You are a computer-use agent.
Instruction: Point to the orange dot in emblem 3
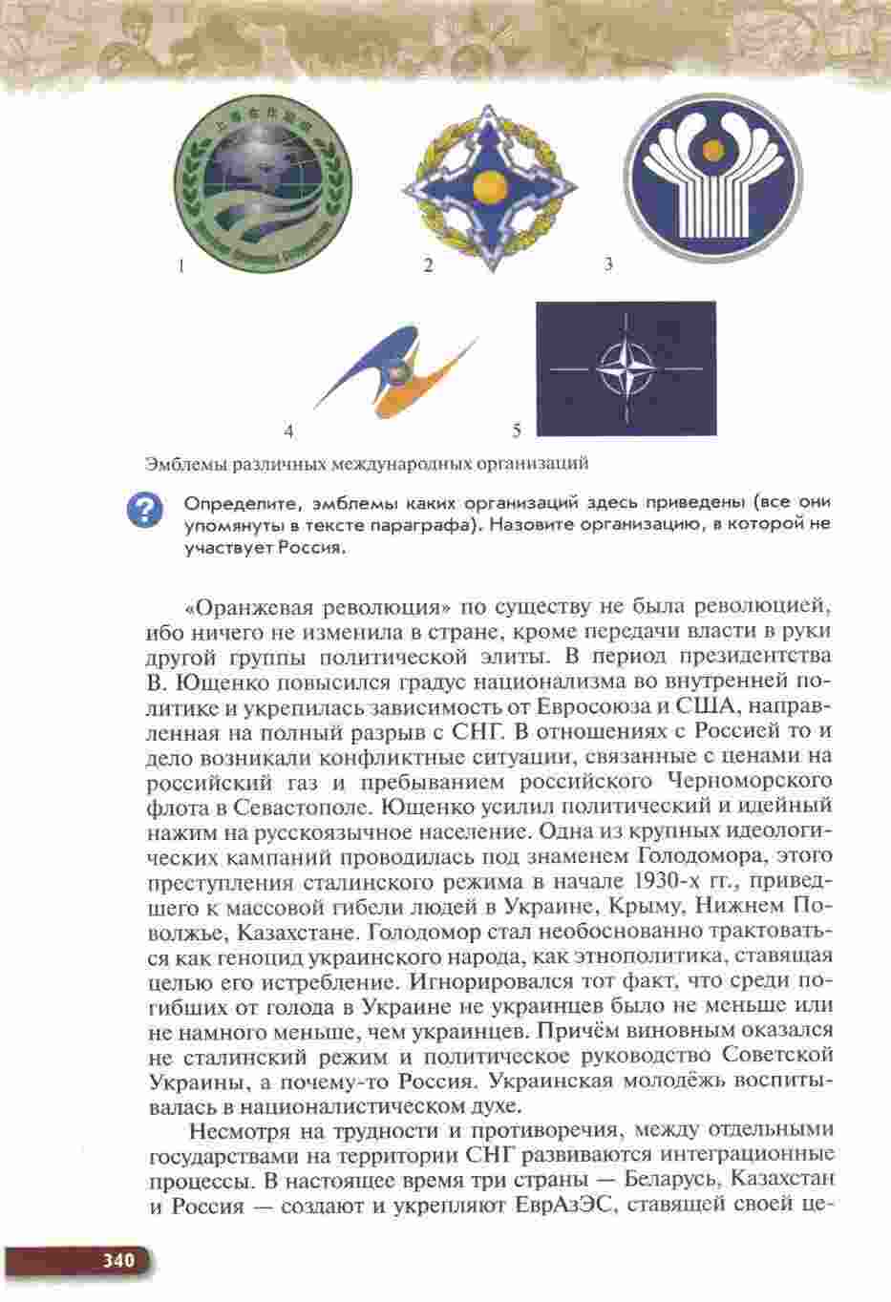[712, 149]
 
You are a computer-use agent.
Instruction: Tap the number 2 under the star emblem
[428, 266]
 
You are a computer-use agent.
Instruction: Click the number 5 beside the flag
[517, 430]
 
